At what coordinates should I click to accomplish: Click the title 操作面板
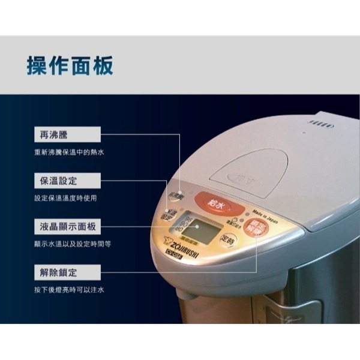(x=70, y=66)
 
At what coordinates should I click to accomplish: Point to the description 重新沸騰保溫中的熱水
(x=69, y=152)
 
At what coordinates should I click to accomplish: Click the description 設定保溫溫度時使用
(x=65, y=199)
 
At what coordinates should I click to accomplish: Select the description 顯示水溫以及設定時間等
(x=73, y=244)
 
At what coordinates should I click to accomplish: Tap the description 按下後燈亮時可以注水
(x=69, y=290)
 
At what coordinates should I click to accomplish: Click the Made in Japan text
(x=263, y=214)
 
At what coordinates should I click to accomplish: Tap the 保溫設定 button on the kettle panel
(x=172, y=215)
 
